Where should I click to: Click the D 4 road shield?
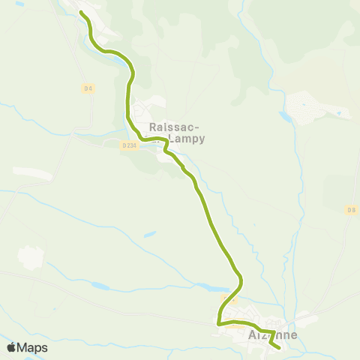[x=88, y=88]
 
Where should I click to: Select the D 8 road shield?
[x=351, y=210]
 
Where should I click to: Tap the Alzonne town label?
[x=272, y=335]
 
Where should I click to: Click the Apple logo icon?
[x=12, y=347]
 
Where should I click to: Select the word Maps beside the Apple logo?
[x=32, y=348]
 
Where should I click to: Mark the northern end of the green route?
[x=80, y=13]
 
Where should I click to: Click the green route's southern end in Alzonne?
[x=279, y=347]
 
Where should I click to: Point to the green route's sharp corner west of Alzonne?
[x=218, y=323]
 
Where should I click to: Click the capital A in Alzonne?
[x=252, y=335]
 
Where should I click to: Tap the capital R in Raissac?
[x=154, y=127]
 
